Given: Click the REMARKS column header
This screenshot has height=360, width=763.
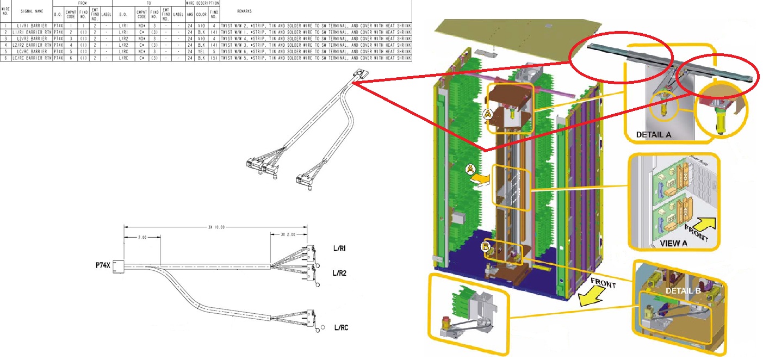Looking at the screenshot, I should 244,11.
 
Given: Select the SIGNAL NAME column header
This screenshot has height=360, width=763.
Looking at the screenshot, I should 31,11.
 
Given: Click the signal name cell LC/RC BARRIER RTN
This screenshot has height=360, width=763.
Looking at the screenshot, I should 32,58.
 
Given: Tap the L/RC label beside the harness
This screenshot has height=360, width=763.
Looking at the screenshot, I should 342,327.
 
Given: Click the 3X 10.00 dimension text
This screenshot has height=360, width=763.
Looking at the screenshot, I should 216,227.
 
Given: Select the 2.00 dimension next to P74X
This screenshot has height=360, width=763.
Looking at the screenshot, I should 141,238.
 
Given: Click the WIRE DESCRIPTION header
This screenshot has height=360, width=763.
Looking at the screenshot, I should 202,3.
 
